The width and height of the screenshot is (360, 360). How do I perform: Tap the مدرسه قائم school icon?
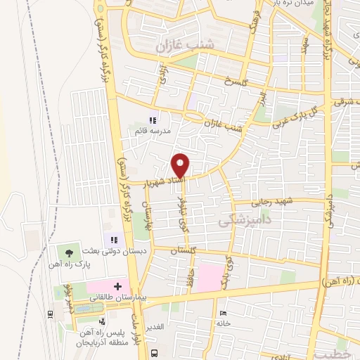tap(153, 120)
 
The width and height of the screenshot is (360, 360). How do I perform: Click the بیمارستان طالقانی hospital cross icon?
tap(117, 286)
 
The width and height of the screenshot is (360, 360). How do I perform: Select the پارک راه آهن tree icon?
tap(69, 252)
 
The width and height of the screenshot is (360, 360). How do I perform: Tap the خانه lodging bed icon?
tap(223, 313)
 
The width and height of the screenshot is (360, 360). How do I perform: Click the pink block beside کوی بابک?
tap(207, 278)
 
